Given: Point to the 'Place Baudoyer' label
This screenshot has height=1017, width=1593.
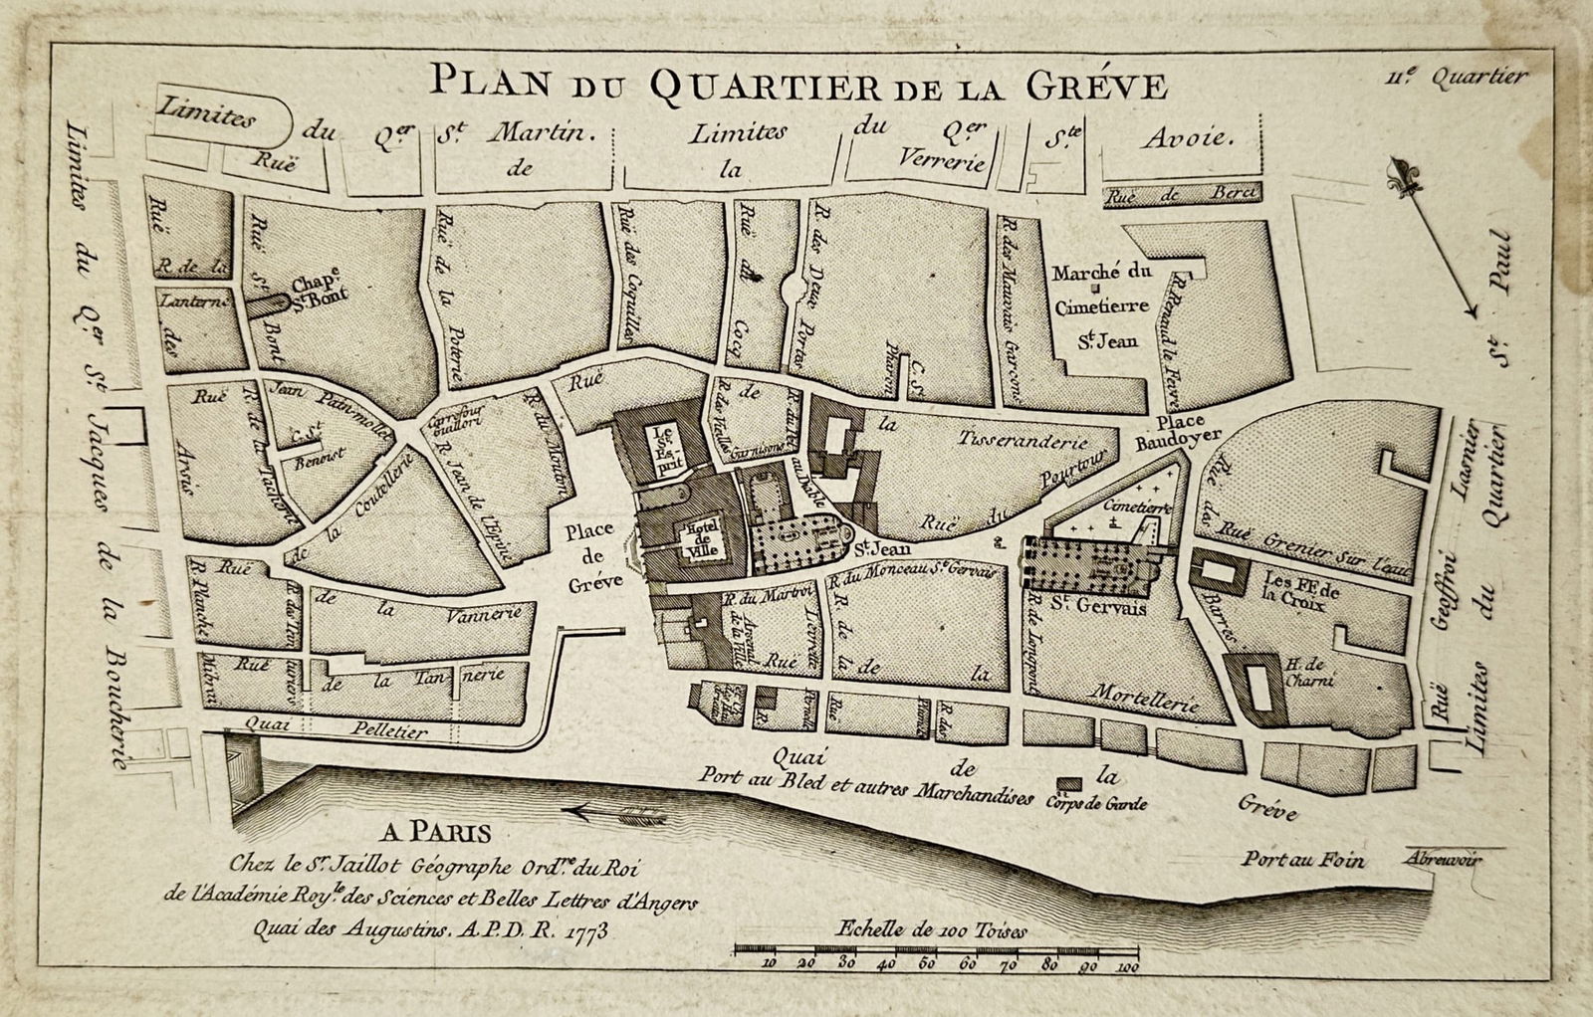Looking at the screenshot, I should click(1181, 429).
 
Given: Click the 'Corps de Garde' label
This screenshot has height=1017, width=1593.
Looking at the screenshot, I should click(1097, 804).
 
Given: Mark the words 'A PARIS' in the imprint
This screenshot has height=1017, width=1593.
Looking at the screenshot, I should click(435, 831).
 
